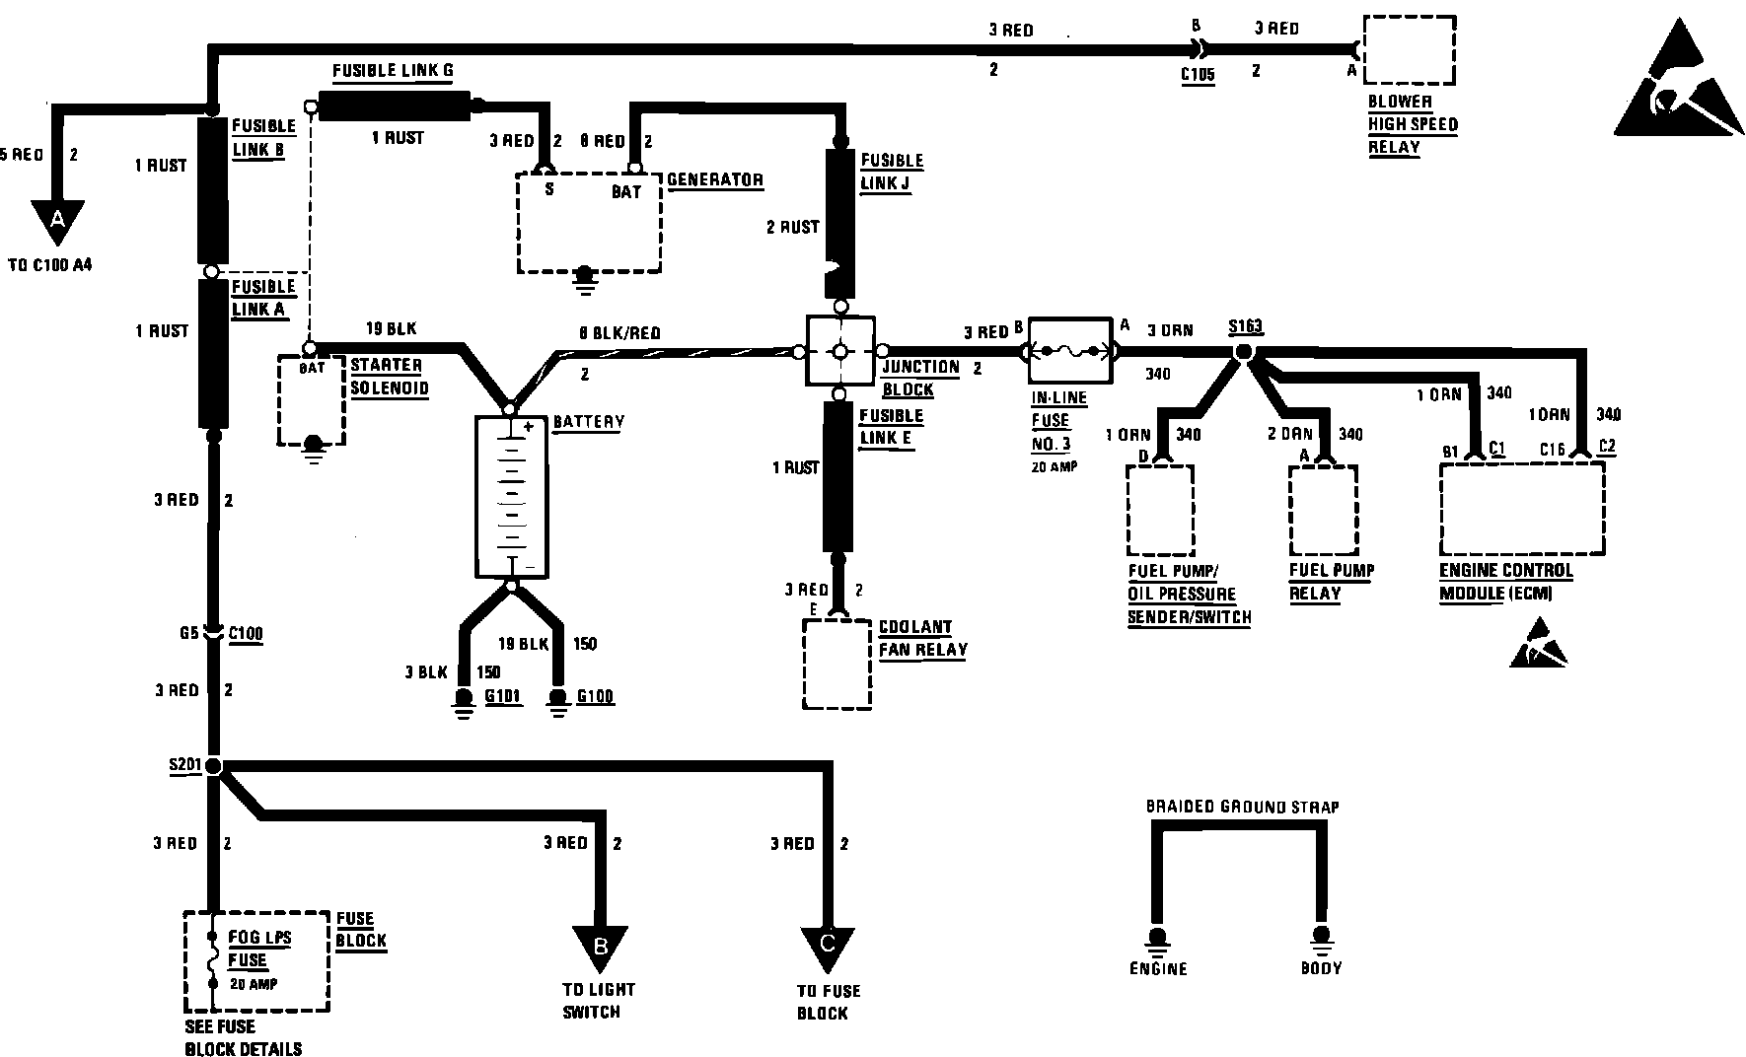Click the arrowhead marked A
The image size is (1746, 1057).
click(x=56, y=222)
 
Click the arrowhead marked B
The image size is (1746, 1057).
click(x=600, y=947)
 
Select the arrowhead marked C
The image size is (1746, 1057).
click(x=827, y=947)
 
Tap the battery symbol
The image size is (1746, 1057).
click(x=511, y=497)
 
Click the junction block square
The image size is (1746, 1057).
click(x=840, y=351)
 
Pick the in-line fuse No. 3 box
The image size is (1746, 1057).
click(x=1069, y=351)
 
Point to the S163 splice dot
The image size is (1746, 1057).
click(x=1244, y=352)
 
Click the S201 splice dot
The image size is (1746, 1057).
click(x=213, y=766)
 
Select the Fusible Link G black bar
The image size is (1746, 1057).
click(x=394, y=106)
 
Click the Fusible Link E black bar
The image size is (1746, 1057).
click(x=838, y=476)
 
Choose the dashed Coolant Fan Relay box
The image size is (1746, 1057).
click(x=837, y=664)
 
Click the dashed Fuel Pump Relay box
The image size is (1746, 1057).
click(x=1323, y=510)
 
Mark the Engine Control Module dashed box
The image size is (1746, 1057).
click(x=1522, y=509)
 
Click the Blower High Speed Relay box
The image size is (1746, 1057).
click(x=1410, y=50)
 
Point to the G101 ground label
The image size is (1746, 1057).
click(x=502, y=696)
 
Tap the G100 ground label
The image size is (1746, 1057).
click(x=595, y=696)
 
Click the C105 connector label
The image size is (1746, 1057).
click(x=1199, y=73)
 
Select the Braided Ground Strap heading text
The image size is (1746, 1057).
click(x=1242, y=807)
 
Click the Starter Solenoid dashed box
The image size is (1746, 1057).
click(x=312, y=400)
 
